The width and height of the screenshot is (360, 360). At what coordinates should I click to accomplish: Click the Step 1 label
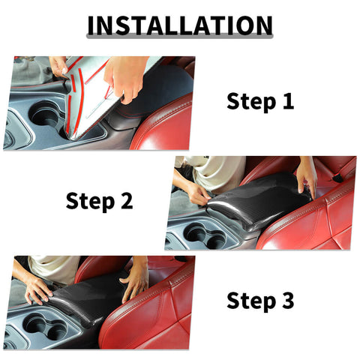coord(260,102)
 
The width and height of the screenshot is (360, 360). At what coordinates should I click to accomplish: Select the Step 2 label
coord(100,201)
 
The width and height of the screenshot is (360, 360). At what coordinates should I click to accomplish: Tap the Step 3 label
coord(260,301)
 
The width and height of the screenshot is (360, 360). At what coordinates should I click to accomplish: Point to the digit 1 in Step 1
coord(288,102)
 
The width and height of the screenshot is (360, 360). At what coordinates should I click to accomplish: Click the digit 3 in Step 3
coord(288,301)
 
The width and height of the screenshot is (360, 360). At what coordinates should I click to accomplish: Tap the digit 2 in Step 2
coord(126,201)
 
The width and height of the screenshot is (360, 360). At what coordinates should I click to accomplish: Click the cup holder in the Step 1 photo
coord(45,114)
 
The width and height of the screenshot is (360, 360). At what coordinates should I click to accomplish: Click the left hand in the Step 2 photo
coord(196,193)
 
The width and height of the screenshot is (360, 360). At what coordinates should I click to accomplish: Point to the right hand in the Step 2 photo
coord(306,175)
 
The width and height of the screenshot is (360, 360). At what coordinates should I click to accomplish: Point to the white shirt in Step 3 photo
coord(52,266)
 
